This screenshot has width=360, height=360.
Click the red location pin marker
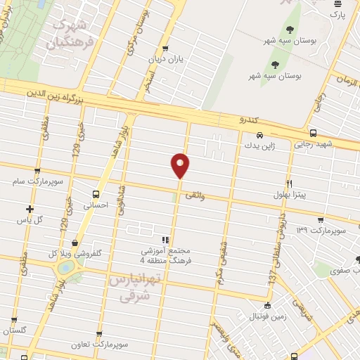point(181,165)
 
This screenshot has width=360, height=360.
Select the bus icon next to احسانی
point(96,194)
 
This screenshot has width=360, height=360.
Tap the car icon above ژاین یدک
point(259,135)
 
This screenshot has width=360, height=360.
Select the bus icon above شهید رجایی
point(313,133)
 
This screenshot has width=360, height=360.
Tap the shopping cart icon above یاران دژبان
point(165,49)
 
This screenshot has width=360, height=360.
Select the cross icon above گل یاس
point(29,209)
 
